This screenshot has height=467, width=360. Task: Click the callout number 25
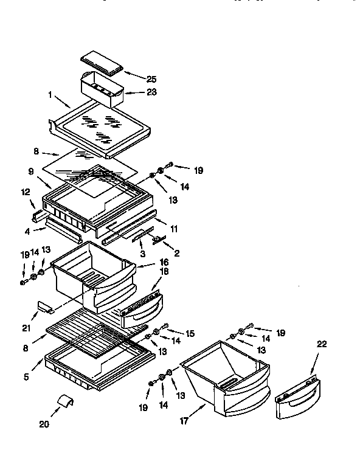[151, 78]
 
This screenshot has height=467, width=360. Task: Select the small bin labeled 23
[102, 88]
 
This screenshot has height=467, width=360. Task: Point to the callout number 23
[151, 92]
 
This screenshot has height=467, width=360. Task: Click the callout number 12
[25, 192]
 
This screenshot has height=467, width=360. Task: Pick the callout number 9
[30, 171]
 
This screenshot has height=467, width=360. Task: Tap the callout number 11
[175, 229]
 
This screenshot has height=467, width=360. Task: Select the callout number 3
[142, 252]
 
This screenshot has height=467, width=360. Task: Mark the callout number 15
[190, 334]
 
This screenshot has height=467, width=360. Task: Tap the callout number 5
[26, 377]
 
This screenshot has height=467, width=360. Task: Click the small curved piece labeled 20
[65, 401]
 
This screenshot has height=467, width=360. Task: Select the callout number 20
[44, 424]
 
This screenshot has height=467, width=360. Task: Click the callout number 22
[322, 344]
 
